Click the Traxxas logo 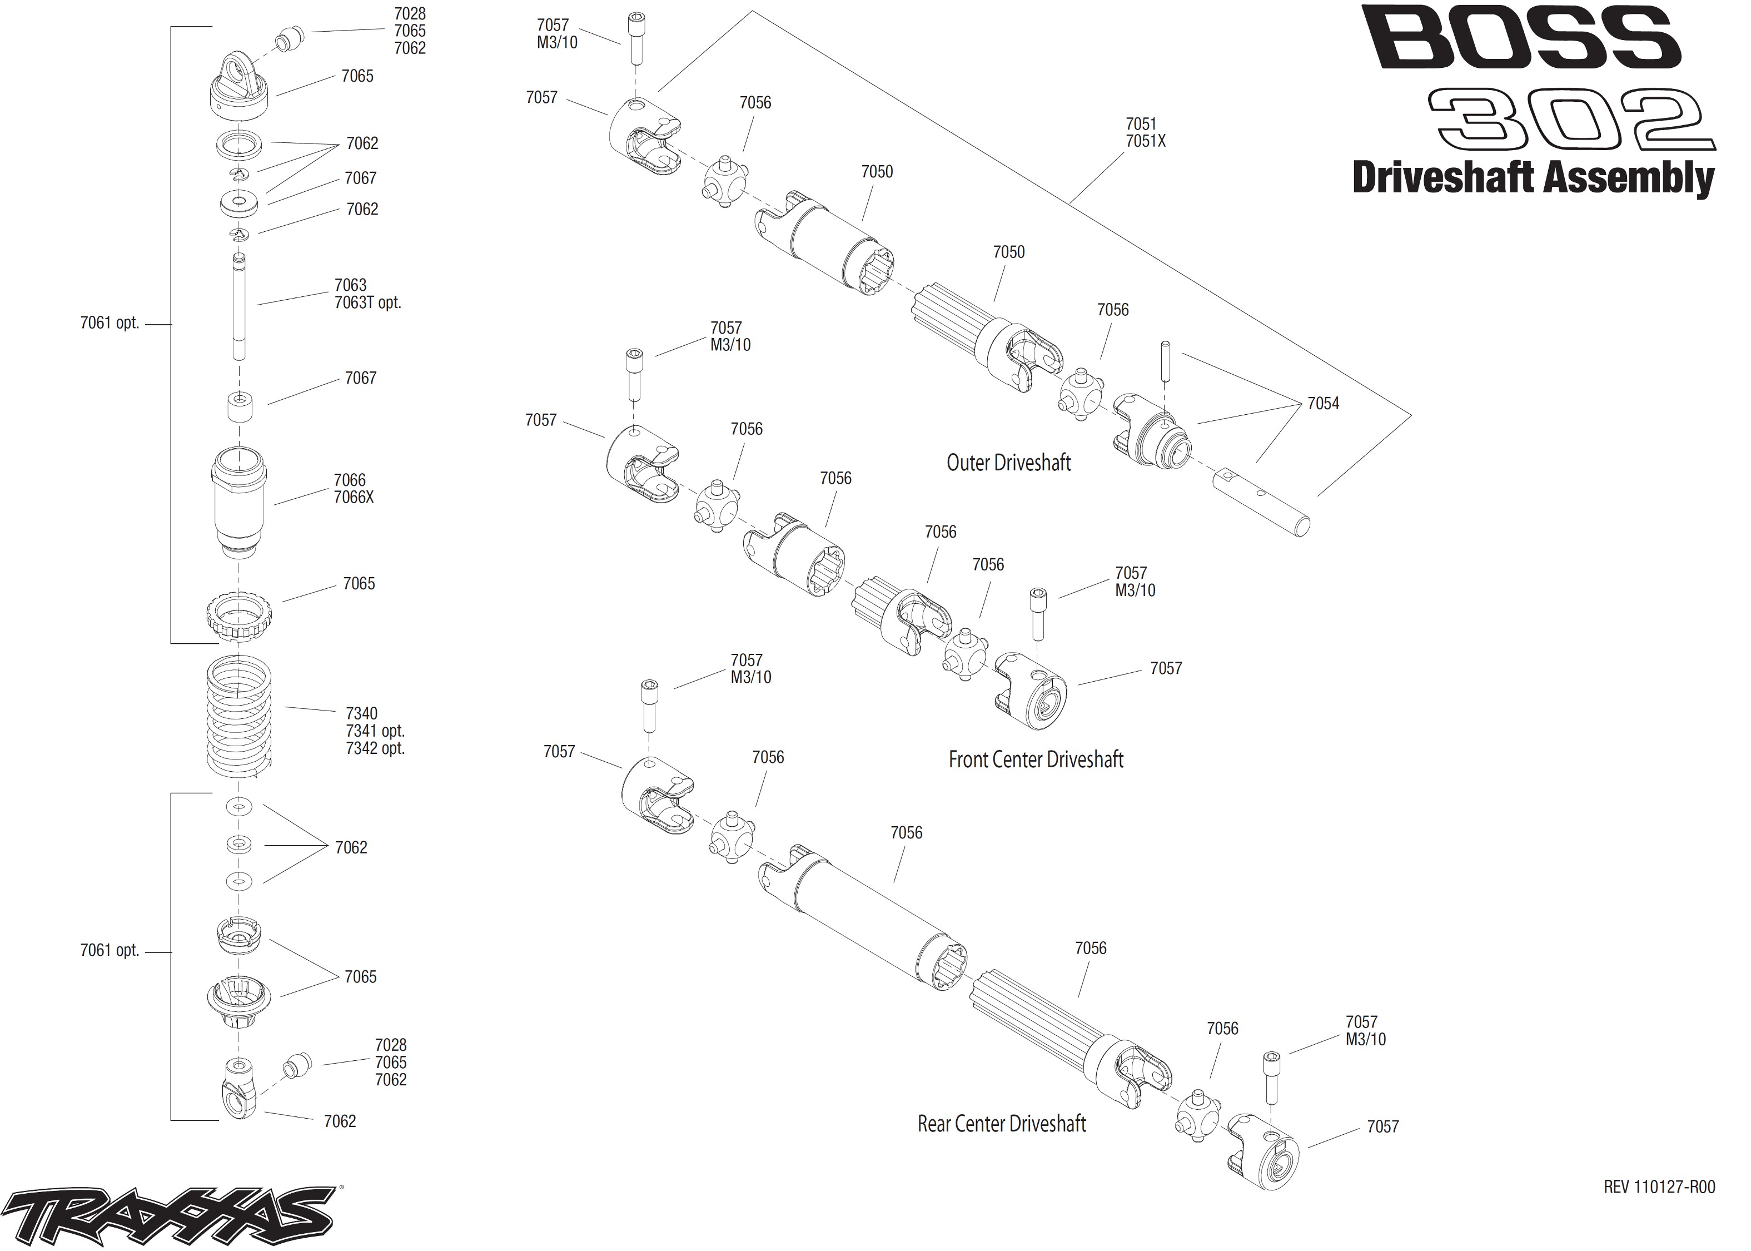coord(171,1215)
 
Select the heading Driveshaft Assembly coord(1533,178)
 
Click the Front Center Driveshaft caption coord(1036,759)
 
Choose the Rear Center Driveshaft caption coord(1002,1124)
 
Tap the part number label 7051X coord(1146,141)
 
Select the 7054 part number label coord(1323,403)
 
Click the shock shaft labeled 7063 coord(238,306)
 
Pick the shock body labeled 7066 coord(238,502)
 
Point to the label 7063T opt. coord(367,302)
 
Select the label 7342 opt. coord(375,748)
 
